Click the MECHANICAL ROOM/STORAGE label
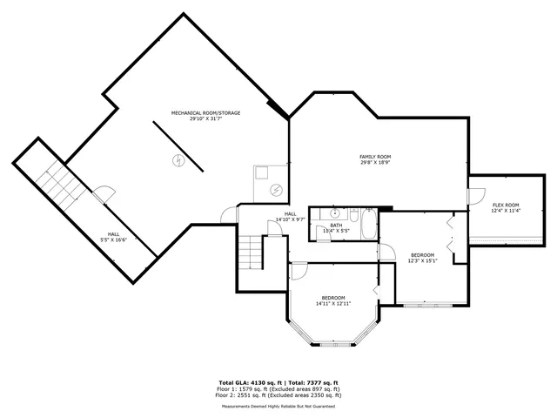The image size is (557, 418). coord(205,113)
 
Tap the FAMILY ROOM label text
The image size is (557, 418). coord(375,156)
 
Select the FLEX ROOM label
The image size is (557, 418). coord(505,206)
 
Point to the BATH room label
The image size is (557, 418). coord(336,225)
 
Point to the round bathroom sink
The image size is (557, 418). coord(333,212)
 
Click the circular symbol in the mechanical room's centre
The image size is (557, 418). coord(178,160)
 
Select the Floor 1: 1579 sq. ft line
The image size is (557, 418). coord(278,388)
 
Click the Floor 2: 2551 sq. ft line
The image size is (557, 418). coord(278,394)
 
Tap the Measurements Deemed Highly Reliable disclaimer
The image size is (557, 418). coord(278,405)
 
